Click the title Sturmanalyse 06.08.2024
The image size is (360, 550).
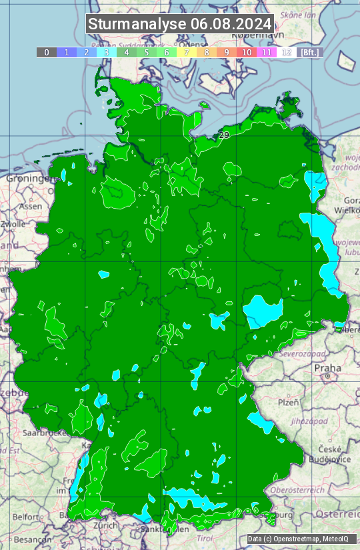180,24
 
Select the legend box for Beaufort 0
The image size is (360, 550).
47,52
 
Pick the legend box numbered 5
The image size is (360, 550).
147,52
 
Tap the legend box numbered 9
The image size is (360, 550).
227,52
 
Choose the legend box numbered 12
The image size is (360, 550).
287,52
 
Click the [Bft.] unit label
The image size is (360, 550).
310,52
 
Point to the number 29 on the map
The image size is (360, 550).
224,135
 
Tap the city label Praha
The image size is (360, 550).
327,368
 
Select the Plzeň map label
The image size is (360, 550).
287,402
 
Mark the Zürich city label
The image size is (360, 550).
107,525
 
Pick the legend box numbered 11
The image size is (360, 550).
267,52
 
